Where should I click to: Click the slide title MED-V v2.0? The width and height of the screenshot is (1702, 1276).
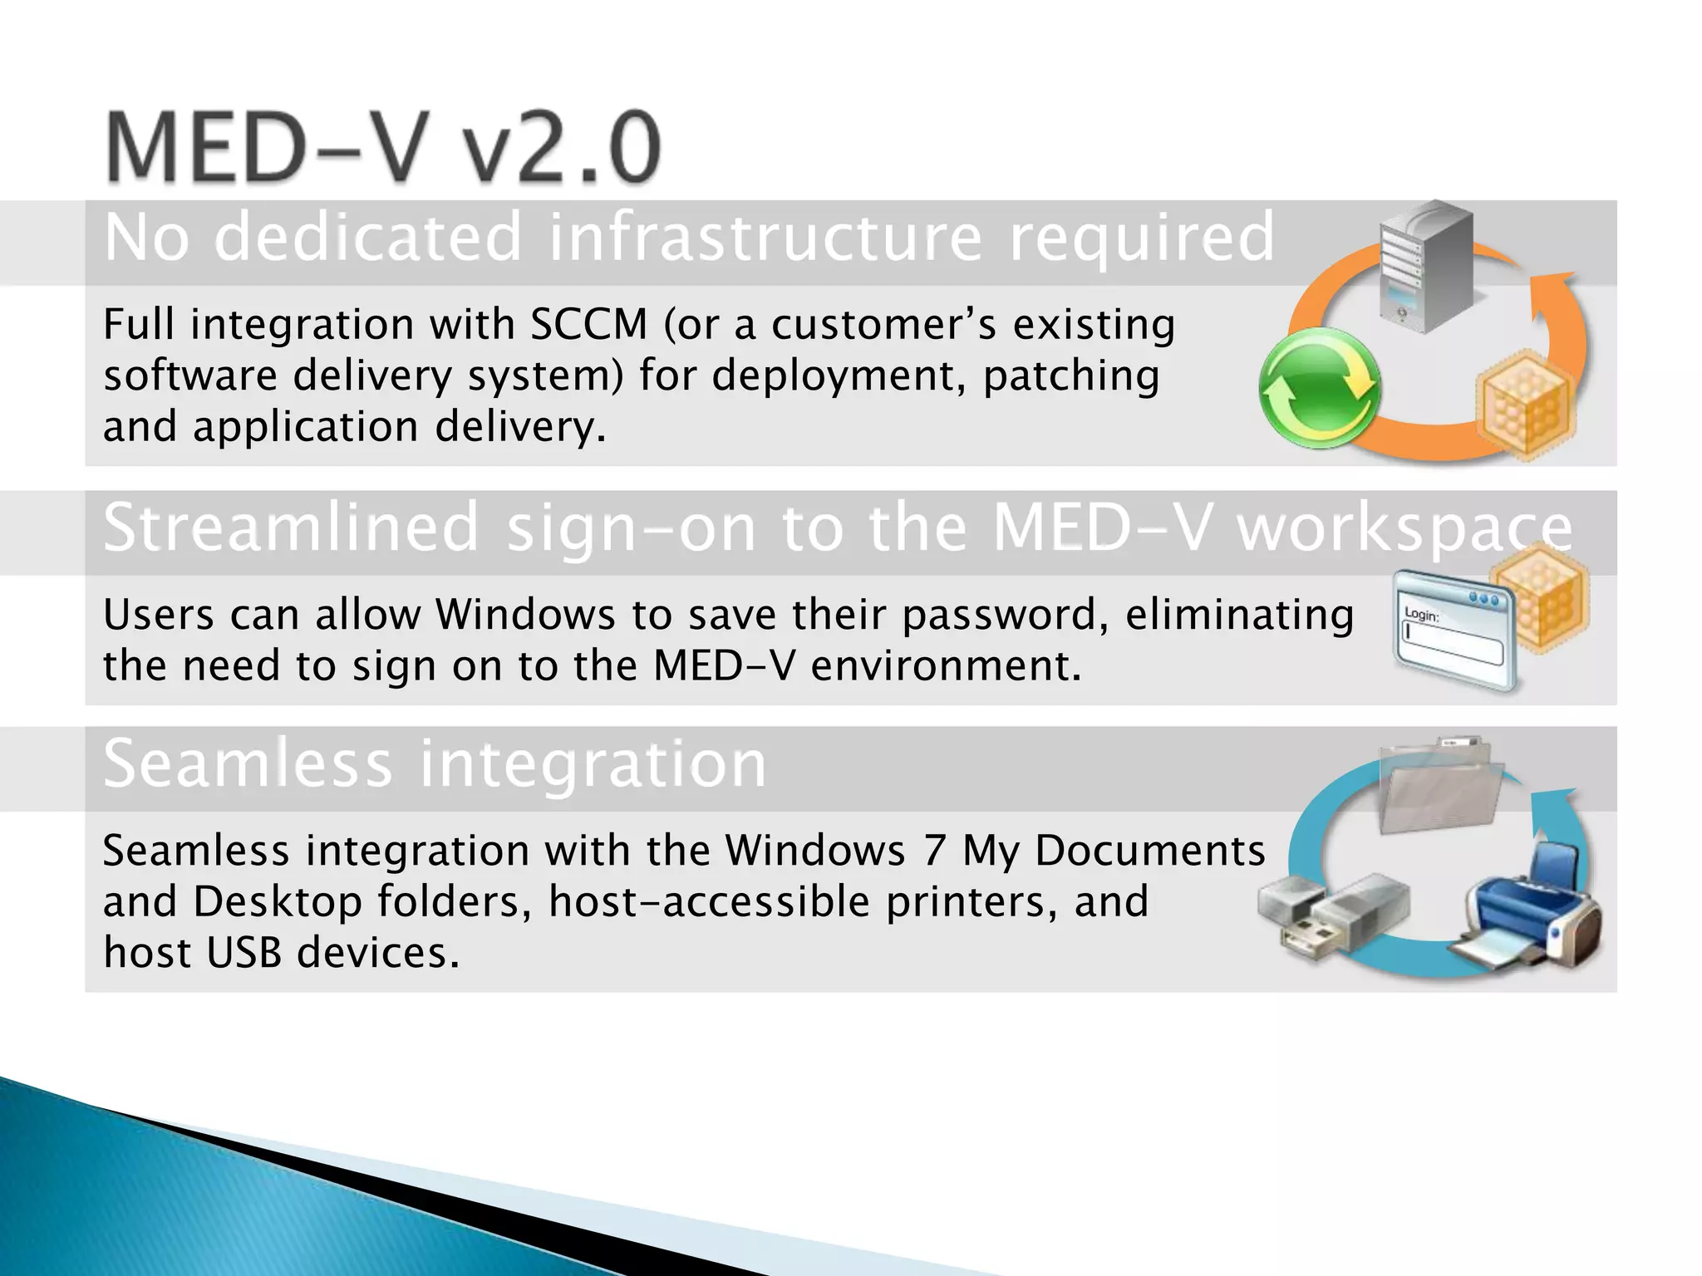[x=382, y=148]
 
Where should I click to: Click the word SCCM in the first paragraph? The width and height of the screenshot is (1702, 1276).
[x=588, y=324]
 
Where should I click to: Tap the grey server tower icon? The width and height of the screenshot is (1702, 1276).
[x=1424, y=266]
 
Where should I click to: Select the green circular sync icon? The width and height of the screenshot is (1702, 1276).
[x=1319, y=388]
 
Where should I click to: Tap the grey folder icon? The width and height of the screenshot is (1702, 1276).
[x=1440, y=785]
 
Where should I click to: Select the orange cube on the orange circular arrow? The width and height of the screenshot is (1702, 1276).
[x=1526, y=403]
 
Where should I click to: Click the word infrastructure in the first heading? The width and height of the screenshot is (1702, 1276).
[x=765, y=238]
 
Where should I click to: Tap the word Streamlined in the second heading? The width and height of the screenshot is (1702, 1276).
[x=291, y=528]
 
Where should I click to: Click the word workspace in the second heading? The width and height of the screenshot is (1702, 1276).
[x=1404, y=528]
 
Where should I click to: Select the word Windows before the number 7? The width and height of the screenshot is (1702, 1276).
[x=814, y=851]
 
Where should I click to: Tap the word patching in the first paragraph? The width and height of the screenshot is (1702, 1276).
[x=1071, y=376]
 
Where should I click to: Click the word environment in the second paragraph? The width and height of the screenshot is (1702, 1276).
[x=946, y=666]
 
